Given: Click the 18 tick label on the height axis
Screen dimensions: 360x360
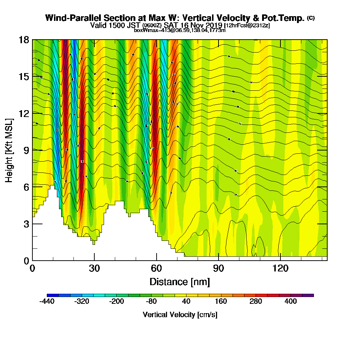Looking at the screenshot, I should [23, 40].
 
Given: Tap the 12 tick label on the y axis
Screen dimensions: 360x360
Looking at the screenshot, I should [23, 113].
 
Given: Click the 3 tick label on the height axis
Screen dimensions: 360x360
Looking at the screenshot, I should [26, 224].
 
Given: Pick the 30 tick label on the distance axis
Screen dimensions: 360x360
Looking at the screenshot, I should [94, 269].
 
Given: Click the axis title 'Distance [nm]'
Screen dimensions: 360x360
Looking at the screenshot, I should [180, 282].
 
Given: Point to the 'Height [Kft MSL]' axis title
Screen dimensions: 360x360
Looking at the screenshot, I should [9, 150].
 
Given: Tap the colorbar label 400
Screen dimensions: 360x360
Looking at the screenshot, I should [291, 302].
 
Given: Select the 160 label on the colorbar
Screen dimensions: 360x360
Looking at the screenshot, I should [221, 302].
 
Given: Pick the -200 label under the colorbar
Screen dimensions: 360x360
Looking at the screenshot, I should [116, 302].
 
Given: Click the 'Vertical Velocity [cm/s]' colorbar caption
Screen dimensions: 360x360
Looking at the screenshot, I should [180, 315].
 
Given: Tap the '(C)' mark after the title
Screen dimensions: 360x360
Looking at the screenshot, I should [311, 18].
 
